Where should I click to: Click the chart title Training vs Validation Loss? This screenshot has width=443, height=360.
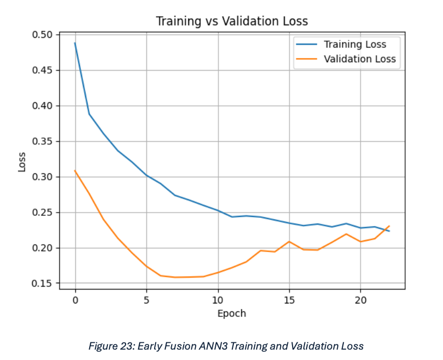click(232, 21)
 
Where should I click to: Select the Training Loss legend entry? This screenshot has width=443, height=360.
click(354, 44)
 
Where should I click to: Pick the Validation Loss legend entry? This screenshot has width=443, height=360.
click(359, 59)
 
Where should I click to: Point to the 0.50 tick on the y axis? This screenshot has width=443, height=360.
click(43, 35)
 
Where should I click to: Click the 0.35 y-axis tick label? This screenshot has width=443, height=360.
click(43, 142)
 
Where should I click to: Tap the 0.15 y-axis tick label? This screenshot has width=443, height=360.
click(43, 284)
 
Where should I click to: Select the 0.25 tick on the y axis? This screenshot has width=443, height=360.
click(43, 213)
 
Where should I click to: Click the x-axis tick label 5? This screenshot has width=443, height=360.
click(147, 299)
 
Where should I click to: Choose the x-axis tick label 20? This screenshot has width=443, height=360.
click(361, 299)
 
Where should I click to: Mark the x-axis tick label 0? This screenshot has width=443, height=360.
click(75, 299)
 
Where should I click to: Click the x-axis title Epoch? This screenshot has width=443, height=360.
click(232, 313)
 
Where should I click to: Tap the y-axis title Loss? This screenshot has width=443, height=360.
click(22, 162)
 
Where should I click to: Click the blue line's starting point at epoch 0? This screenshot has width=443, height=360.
click(75, 43)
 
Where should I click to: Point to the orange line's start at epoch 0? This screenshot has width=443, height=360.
click(75, 170)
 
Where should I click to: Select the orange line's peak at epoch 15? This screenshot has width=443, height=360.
click(289, 241)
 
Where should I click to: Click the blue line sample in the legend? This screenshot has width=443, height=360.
click(306, 44)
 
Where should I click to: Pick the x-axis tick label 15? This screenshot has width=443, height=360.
click(289, 299)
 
